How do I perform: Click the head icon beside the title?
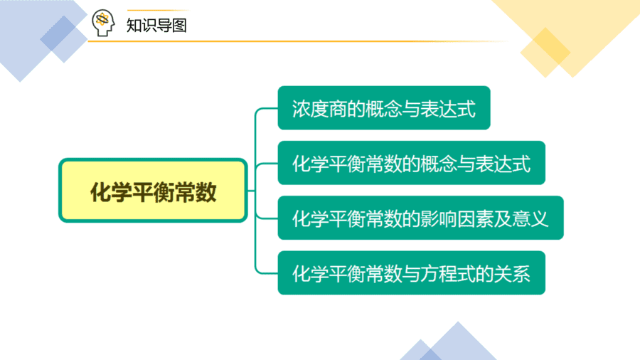103,23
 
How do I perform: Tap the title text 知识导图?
156,26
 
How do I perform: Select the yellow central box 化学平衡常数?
153,190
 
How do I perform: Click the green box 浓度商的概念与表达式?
384,107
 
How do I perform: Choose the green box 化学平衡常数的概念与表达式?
412,163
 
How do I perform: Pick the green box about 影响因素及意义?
420,218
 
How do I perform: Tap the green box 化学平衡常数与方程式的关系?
412,272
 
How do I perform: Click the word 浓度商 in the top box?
319,109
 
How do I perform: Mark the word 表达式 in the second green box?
503,164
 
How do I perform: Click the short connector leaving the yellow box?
251,191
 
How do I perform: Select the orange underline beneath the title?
298,41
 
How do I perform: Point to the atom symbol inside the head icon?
102,19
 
